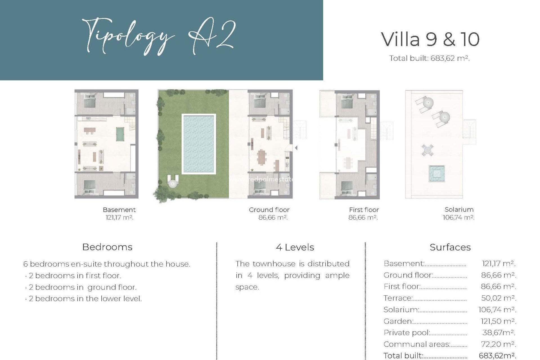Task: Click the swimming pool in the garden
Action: pyautogui.click(x=199, y=144)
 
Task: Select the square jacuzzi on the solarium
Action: pyautogui.click(x=436, y=174)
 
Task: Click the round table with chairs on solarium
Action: pyautogui.click(x=427, y=150)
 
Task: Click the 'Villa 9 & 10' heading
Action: pyautogui.click(x=430, y=39)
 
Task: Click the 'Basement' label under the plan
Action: pyautogui.click(x=119, y=210)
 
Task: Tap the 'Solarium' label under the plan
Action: pyautogui.click(x=459, y=210)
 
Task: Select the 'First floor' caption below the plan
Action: pyautogui.click(x=364, y=210)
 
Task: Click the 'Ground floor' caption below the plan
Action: pyautogui.click(x=269, y=210)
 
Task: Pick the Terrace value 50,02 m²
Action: pyautogui.click(x=498, y=298)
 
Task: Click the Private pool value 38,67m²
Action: pyautogui.click(x=498, y=333)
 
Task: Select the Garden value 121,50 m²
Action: pyautogui.click(x=498, y=321)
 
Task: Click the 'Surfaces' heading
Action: pyautogui.click(x=450, y=247)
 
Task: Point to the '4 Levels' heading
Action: pyautogui.click(x=295, y=247)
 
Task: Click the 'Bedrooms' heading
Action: pyautogui.click(x=107, y=247)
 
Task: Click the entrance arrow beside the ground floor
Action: pyautogui.click(x=296, y=148)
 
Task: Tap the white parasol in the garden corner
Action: pyautogui.click(x=172, y=183)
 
